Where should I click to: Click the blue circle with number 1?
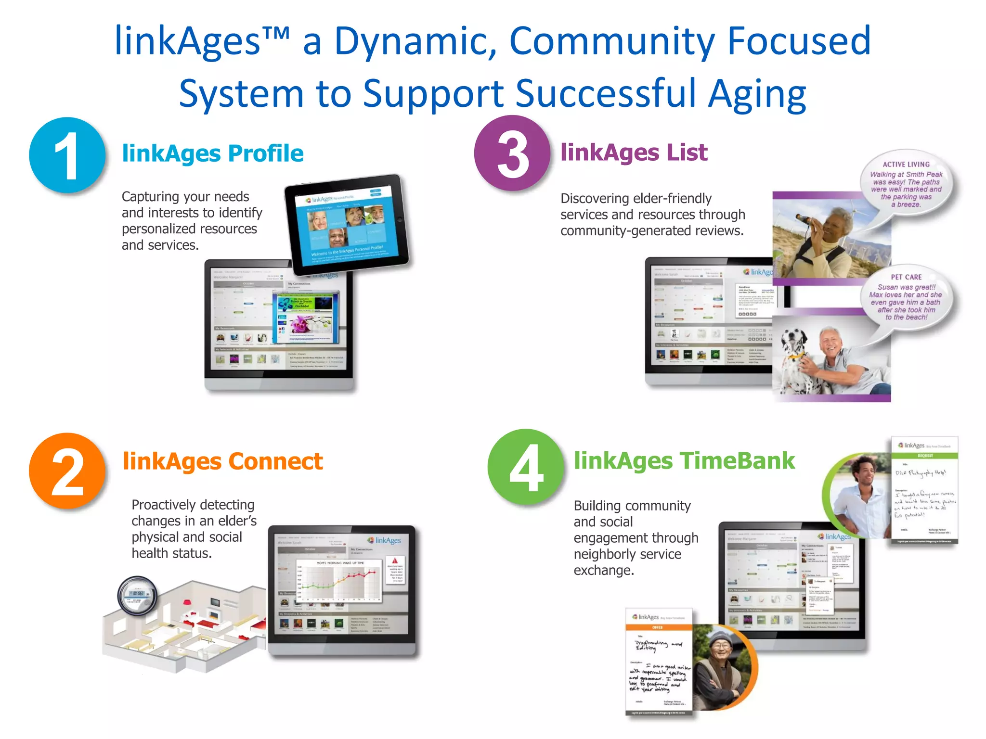[67, 155]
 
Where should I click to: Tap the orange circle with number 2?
[67, 471]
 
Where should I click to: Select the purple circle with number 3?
[512, 153]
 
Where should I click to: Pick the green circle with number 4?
[526, 467]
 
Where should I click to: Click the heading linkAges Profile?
[212, 153]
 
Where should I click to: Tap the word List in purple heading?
[687, 153]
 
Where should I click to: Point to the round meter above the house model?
[137, 595]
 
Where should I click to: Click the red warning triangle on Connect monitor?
[395, 561]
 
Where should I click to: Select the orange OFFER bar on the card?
[658, 627]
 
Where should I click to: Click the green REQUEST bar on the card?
[924, 455]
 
